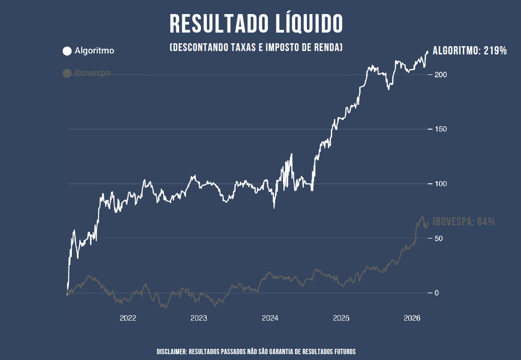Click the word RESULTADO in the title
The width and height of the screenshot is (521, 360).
tap(217, 24)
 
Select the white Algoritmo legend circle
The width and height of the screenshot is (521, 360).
tap(67, 51)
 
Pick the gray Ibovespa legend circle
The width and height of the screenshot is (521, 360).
tap(67, 73)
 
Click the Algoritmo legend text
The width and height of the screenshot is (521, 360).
tap(95, 51)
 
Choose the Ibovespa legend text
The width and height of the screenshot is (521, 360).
tap(93, 73)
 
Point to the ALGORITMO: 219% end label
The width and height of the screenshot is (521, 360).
tap(470, 51)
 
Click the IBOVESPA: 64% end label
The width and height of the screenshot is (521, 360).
tap(464, 222)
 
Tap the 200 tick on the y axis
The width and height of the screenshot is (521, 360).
tap(440, 75)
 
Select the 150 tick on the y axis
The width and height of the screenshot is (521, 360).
tap(440, 129)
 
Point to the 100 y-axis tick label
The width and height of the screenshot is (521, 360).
tap(440, 184)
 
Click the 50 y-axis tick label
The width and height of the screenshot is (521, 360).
tap(438, 238)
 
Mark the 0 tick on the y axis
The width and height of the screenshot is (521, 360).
tap(437, 293)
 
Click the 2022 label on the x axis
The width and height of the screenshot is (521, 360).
tap(128, 319)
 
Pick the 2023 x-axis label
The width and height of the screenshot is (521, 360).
tap(199, 319)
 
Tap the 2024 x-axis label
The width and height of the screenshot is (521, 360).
tap(270, 319)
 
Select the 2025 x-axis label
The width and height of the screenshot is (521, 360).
tap(341, 319)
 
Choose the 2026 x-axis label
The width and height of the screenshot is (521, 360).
tap(412, 319)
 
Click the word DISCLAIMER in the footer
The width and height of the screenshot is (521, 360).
tap(171, 351)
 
